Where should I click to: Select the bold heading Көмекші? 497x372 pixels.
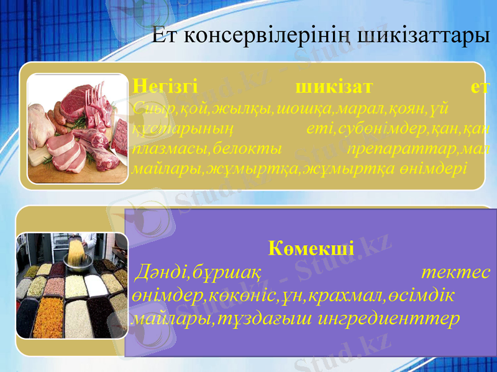[311, 249]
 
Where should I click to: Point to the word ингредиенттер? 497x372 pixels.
[389, 318]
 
